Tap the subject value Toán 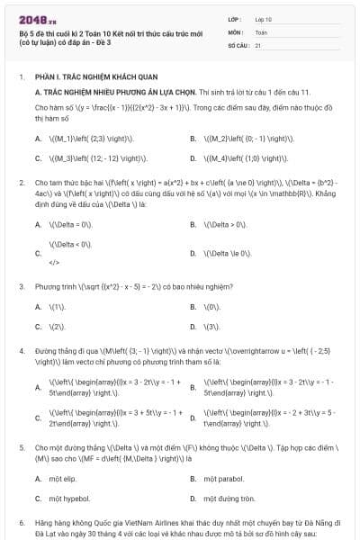pos(261,31)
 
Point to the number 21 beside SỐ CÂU pos(258,44)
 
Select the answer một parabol pos(225,478)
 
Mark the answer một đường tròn pos(229,498)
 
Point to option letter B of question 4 pos(194,389)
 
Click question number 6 pos(21,522)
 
